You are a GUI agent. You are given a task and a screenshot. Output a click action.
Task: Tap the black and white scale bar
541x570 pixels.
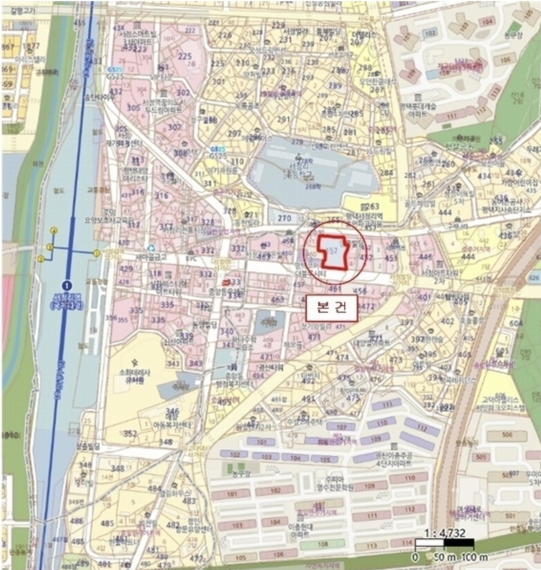coord(445,544)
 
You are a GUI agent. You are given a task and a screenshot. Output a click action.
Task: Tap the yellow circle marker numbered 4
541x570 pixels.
coord(54,231)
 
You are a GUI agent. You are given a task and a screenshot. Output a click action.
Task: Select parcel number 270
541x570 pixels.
coord(284,219)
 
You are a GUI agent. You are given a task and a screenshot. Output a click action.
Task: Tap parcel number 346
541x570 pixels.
coord(172,411)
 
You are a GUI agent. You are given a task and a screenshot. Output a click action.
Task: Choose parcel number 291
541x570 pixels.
coord(284,120)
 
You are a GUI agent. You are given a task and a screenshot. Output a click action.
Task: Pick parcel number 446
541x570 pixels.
coord(426,257)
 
